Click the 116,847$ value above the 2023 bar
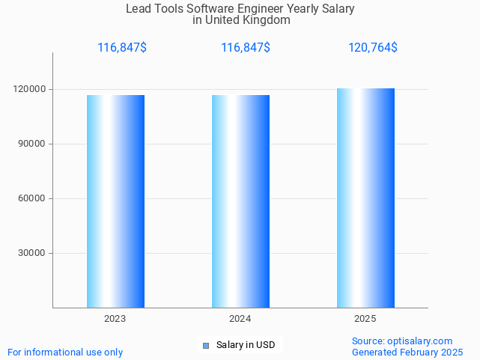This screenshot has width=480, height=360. point(122,48)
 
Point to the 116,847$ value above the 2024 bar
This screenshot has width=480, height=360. point(246,48)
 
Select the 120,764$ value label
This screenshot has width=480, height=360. point(373,48)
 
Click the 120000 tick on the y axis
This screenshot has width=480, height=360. point(31,89)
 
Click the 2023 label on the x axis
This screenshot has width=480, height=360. point(115,319)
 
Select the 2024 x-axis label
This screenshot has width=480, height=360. point(240,319)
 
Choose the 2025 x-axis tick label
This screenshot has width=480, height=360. point(365,319)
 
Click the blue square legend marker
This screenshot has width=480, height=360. point(206,345)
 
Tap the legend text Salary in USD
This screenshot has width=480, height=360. point(246,345)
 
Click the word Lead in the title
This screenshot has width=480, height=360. point(138,9)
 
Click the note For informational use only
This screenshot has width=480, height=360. point(65,352)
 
